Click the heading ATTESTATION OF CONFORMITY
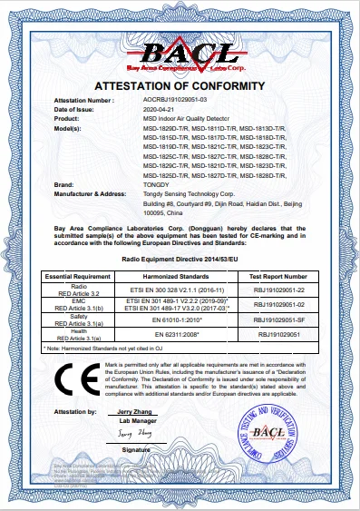coord(180,86)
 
